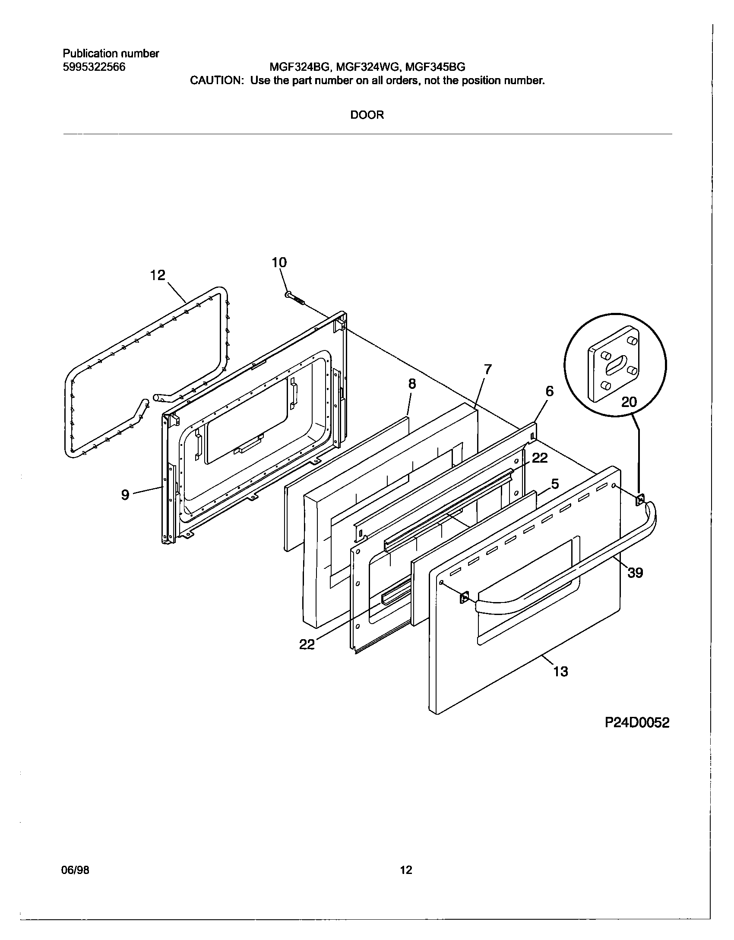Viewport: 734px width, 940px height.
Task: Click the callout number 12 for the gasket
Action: [x=158, y=275]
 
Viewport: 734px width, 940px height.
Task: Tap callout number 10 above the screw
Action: [x=279, y=262]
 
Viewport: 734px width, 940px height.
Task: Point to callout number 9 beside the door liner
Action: [x=125, y=495]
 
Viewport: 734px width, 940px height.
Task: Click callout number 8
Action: [x=412, y=384]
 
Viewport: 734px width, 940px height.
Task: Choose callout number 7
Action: [x=487, y=369]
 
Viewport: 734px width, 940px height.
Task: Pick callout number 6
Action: [x=549, y=391]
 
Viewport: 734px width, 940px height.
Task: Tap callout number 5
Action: [x=555, y=484]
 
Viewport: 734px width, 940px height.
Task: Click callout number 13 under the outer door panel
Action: [x=560, y=672]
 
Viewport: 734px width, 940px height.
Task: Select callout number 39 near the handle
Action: [x=635, y=573]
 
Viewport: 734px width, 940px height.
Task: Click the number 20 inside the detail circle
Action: [x=629, y=402]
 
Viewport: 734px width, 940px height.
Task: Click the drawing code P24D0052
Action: [x=637, y=723]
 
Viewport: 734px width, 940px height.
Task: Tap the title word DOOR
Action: [x=367, y=115]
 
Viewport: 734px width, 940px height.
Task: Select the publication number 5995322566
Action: [x=94, y=67]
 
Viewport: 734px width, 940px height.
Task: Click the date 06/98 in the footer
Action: [x=76, y=870]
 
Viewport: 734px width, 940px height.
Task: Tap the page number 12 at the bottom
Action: [x=406, y=870]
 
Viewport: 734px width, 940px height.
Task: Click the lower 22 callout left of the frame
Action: [x=307, y=645]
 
